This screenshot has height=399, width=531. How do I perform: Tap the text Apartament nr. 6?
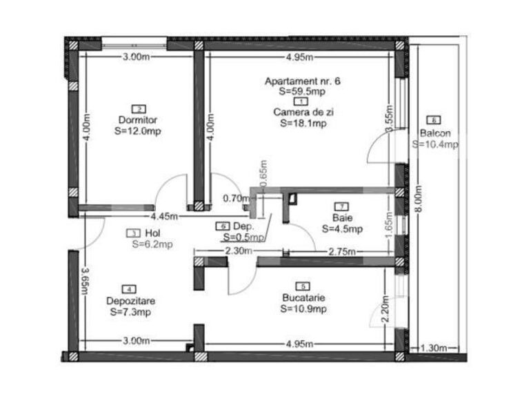pos(303,81)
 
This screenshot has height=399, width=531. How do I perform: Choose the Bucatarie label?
pos(303,298)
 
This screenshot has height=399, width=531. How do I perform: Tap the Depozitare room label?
pos(130,300)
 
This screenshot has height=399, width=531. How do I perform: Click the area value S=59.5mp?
pos(302,90)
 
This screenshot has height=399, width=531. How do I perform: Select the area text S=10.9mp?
pos(303,310)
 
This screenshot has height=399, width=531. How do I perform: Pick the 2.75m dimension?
pos(342,252)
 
